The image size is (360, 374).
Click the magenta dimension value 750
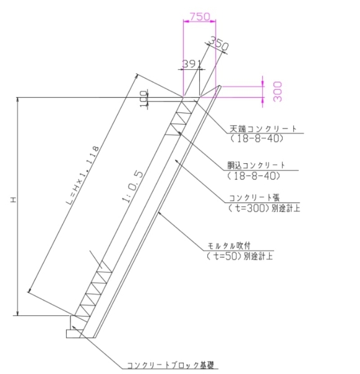200,16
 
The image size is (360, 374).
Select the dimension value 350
218,43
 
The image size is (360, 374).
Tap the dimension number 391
192,64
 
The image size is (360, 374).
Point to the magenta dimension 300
278,92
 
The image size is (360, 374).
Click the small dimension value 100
144,98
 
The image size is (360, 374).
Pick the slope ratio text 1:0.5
133,186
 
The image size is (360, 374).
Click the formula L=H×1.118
82,175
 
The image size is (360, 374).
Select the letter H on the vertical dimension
13,199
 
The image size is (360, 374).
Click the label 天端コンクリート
263,128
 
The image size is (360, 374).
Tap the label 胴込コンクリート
256,165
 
